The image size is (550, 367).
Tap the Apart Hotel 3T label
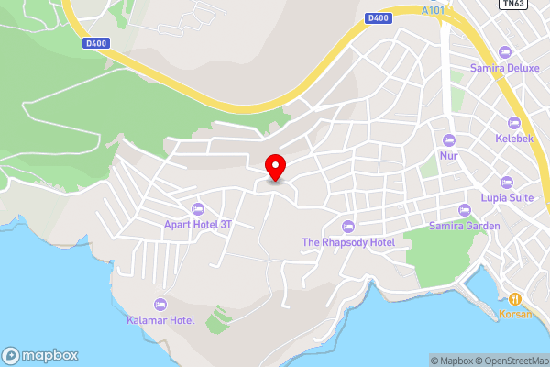[x=198, y=222]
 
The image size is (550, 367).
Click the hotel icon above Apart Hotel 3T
[x=198, y=208]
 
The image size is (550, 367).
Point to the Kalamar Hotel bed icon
[x=160, y=305]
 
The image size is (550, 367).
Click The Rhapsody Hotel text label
[x=348, y=242]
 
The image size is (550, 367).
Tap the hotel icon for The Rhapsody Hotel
[x=347, y=227]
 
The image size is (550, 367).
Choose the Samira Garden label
[x=465, y=226]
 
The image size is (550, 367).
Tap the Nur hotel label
[x=448, y=155]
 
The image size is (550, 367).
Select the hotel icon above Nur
[x=448, y=140]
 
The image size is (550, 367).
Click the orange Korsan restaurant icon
[x=516, y=298]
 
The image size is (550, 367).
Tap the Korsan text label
[x=516, y=314]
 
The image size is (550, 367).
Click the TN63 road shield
[x=513, y=4]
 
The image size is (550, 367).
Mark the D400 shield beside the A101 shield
[x=377, y=17]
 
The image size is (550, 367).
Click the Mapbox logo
[x=40, y=355]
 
